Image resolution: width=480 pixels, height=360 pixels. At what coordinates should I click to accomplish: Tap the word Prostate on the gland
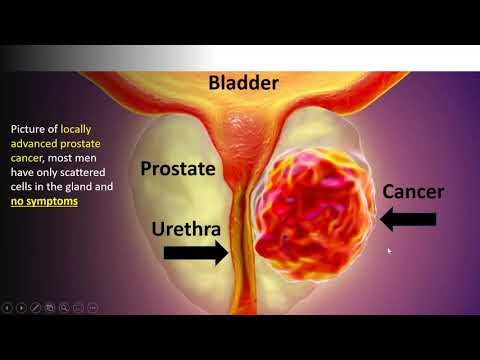click(x=178, y=169)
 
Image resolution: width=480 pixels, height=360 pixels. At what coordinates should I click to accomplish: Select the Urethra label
click(x=185, y=228)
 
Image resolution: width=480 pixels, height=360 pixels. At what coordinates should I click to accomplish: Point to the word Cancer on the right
click(x=413, y=190)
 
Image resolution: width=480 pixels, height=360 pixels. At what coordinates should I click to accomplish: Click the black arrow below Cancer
click(x=408, y=217)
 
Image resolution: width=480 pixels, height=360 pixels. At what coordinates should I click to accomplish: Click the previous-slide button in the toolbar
click(x=8, y=307)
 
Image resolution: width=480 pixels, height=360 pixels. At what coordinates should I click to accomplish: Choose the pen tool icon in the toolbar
click(x=36, y=307)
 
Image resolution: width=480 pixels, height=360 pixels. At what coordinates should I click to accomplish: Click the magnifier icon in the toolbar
click(x=64, y=307)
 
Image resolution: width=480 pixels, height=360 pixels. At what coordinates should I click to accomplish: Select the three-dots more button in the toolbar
click(x=93, y=307)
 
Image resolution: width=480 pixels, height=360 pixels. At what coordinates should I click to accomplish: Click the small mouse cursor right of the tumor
click(x=389, y=250)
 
